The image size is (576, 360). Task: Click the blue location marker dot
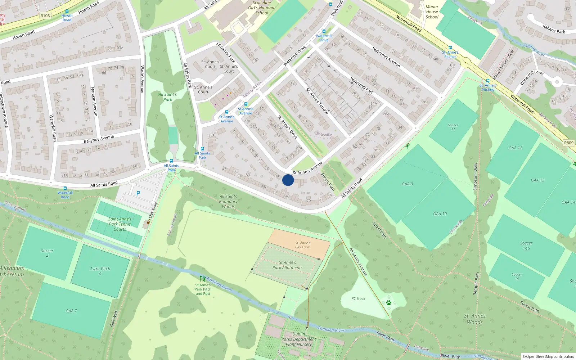click(288, 180)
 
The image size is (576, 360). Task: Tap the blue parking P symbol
click(138, 193)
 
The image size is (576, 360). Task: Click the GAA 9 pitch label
click(407, 184)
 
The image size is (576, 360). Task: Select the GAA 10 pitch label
click(440, 214)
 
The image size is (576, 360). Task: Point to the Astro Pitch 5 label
click(100, 271)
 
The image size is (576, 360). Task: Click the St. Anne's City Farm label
click(302, 245)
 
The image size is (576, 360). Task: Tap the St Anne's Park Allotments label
click(287, 265)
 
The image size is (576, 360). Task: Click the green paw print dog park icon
click(389, 303)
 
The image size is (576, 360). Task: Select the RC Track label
click(358, 298)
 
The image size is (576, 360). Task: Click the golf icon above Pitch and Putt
click(203, 279)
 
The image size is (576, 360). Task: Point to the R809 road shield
click(569, 143)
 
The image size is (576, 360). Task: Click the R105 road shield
click(45, 16)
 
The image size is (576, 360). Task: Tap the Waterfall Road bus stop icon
click(65, 188)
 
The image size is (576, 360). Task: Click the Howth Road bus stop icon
click(67, 12)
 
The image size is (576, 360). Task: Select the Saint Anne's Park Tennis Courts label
click(120, 224)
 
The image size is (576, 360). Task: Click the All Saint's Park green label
click(168, 97)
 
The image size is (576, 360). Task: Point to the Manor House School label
click(432, 12)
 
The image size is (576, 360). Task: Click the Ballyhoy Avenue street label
click(99, 139)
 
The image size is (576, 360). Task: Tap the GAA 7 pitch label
click(71, 311)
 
